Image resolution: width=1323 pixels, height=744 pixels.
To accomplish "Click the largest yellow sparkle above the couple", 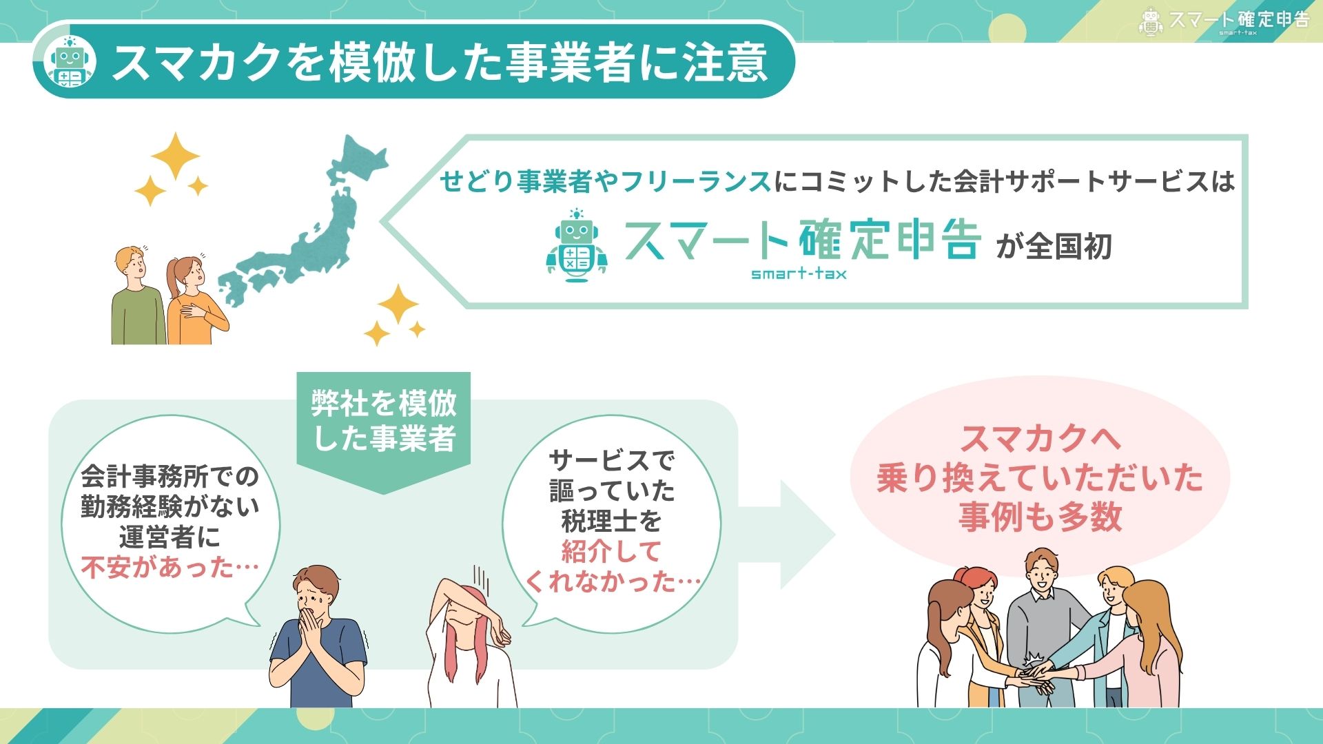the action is (x=175, y=156).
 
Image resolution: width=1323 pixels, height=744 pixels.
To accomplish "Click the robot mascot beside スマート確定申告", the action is (x=577, y=246).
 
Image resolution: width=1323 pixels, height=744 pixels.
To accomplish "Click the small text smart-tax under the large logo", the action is (x=799, y=273).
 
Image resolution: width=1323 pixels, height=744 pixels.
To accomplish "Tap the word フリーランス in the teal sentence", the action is (x=695, y=181).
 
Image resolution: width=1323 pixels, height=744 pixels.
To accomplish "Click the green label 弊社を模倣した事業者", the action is (x=384, y=420).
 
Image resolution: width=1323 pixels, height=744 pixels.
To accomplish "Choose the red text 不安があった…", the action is (x=170, y=568).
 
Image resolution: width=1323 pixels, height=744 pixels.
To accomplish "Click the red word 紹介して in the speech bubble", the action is (x=611, y=551).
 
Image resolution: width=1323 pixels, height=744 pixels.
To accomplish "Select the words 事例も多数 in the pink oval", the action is (x=1040, y=517).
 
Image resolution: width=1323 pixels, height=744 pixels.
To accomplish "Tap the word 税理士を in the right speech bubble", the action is (x=611, y=521).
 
